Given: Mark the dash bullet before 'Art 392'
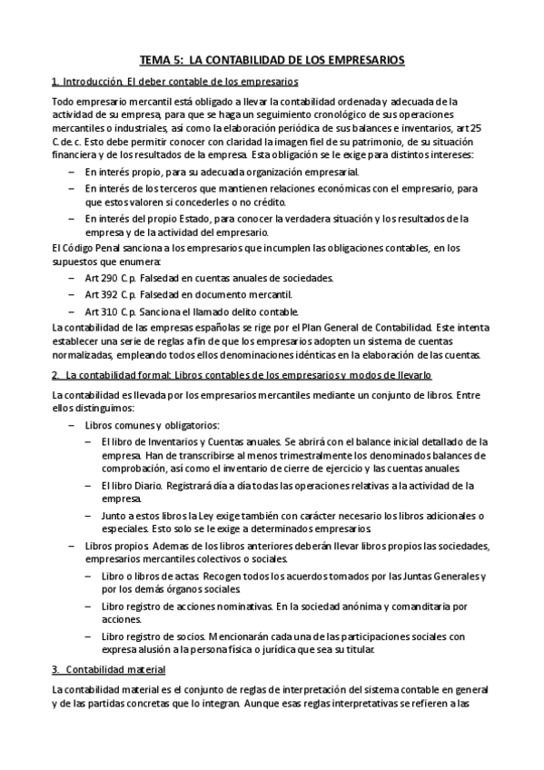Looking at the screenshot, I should coord(72,294).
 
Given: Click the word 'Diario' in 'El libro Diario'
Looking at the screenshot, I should coord(148,485).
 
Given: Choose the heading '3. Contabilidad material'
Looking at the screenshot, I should coord(108,670).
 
